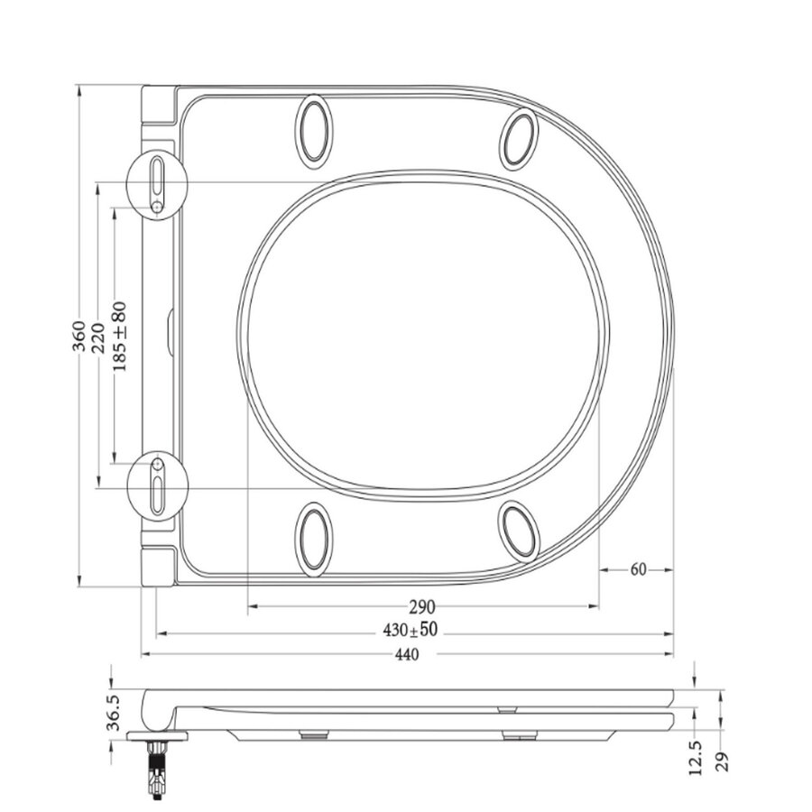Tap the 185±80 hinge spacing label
tap(119, 335)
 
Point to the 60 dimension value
tap(638, 569)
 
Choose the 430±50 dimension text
tap(411, 630)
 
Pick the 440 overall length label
tap(408, 655)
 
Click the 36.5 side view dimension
tap(113, 713)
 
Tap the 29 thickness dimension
tap(722, 760)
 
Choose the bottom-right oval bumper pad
tap(521, 531)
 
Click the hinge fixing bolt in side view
tap(159, 770)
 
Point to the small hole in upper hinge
tap(157, 208)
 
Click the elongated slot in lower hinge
tap(158, 495)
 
